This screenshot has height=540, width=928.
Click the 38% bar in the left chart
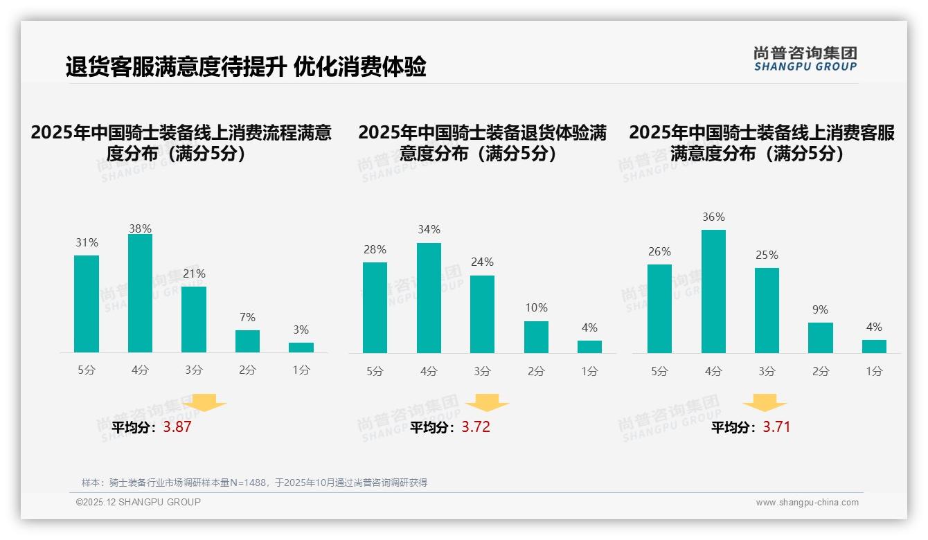tap(140, 294)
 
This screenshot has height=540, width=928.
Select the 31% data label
tap(87, 242)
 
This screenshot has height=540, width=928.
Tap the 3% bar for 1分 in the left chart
tap(301, 348)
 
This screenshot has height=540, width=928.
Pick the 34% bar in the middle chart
tap(429, 298)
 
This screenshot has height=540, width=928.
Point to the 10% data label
tap(536, 307)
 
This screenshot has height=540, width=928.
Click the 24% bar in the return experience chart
tap(482, 314)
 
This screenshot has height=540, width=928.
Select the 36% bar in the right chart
tap(713, 291)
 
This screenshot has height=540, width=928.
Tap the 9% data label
tap(820, 309)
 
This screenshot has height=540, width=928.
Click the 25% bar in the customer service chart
tap(767, 310)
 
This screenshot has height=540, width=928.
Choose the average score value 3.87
tap(177, 427)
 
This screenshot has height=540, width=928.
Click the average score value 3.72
tap(476, 427)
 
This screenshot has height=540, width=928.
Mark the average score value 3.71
tap(776, 427)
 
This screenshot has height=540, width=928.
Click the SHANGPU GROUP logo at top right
tap(805, 59)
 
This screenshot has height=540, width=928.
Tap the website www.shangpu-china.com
tap(807, 503)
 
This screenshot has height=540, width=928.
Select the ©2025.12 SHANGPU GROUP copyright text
tap(139, 502)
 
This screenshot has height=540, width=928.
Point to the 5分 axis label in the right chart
tap(659, 371)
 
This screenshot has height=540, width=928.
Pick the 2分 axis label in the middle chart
tap(536, 371)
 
